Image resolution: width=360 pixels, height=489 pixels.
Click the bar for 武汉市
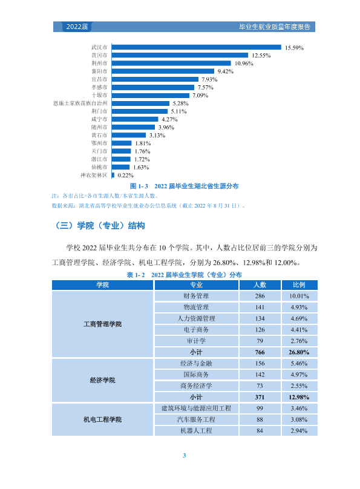click(197, 47)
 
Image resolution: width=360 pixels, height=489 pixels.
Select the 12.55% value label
click(261, 56)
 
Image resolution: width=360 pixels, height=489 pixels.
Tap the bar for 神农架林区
click(113, 176)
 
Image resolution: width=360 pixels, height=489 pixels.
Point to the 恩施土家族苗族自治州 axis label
click(80, 103)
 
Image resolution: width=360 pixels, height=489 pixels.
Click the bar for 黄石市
click(129, 135)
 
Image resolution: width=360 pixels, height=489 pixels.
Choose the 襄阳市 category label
click(99, 71)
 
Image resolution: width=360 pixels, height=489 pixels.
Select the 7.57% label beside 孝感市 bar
click(205, 87)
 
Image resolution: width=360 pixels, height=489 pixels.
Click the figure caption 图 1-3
click(139, 186)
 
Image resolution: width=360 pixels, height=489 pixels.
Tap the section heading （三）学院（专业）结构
click(100, 226)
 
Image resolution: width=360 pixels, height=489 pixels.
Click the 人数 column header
click(260, 284)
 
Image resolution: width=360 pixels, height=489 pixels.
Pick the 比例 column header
click(299, 284)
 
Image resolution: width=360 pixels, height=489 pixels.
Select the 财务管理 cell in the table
click(197, 296)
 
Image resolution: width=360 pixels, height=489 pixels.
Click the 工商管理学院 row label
click(102, 324)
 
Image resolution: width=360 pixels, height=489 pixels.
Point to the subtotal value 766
click(260, 352)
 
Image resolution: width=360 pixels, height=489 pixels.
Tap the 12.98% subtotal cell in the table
click(299, 397)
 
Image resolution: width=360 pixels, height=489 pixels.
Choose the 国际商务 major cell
click(197, 375)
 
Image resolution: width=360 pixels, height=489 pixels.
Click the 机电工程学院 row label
click(102, 420)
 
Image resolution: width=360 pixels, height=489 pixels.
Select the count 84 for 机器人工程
click(260, 431)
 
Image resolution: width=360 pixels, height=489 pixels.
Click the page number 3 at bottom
click(184, 455)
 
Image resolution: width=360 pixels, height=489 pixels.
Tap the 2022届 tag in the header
click(77, 27)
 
